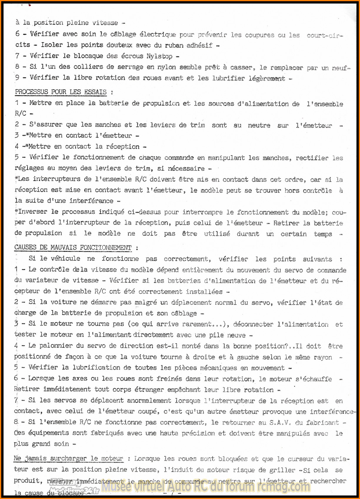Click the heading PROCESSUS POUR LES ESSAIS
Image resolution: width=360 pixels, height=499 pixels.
coord(61,92)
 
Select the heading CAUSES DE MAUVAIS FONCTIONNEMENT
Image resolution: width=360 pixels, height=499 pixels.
coord(73,247)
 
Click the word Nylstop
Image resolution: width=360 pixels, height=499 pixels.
coord(159,56)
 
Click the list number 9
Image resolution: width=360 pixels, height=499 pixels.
coord(17,78)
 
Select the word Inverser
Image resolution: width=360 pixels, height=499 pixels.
coord(32,212)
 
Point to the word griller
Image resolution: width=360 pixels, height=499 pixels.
coord(282,470)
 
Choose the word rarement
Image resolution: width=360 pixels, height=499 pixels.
coord(197,324)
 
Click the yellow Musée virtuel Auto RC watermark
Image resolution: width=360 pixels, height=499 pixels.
coord(206,486)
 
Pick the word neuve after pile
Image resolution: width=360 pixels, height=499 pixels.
coord(236,335)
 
